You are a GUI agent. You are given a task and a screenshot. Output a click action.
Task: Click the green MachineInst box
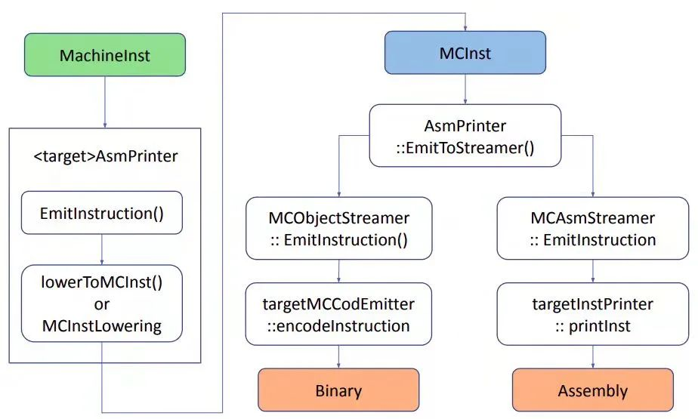(104, 55)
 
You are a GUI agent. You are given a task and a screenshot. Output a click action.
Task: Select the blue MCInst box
(465, 54)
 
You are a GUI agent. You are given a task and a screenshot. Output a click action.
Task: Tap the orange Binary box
(338, 390)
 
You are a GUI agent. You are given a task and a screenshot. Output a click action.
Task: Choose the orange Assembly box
(592, 390)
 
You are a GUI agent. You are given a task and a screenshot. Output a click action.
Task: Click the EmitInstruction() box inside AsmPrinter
(101, 213)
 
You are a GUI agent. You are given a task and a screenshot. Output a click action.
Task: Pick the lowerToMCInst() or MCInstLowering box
(101, 303)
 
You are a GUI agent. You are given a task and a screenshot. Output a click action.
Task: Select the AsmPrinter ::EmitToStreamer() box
(465, 136)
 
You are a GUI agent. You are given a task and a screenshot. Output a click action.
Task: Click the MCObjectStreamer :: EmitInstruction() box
(338, 229)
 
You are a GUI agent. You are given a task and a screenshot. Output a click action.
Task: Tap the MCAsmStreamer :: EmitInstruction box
(592, 229)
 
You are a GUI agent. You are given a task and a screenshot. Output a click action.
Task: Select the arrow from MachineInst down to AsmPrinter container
(104, 102)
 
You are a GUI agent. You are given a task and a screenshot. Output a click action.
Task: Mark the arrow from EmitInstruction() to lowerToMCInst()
(101, 249)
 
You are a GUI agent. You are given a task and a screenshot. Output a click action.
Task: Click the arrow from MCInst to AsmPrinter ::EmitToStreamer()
(465, 90)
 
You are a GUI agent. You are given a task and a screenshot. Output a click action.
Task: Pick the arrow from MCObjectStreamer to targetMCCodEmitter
(338, 271)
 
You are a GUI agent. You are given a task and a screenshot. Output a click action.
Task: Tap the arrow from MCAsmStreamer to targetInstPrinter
(592, 271)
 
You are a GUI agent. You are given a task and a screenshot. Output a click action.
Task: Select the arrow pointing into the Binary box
(338, 356)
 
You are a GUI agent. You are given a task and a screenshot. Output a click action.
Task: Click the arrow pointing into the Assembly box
(592, 356)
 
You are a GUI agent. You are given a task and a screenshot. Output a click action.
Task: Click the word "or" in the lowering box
(101, 303)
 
